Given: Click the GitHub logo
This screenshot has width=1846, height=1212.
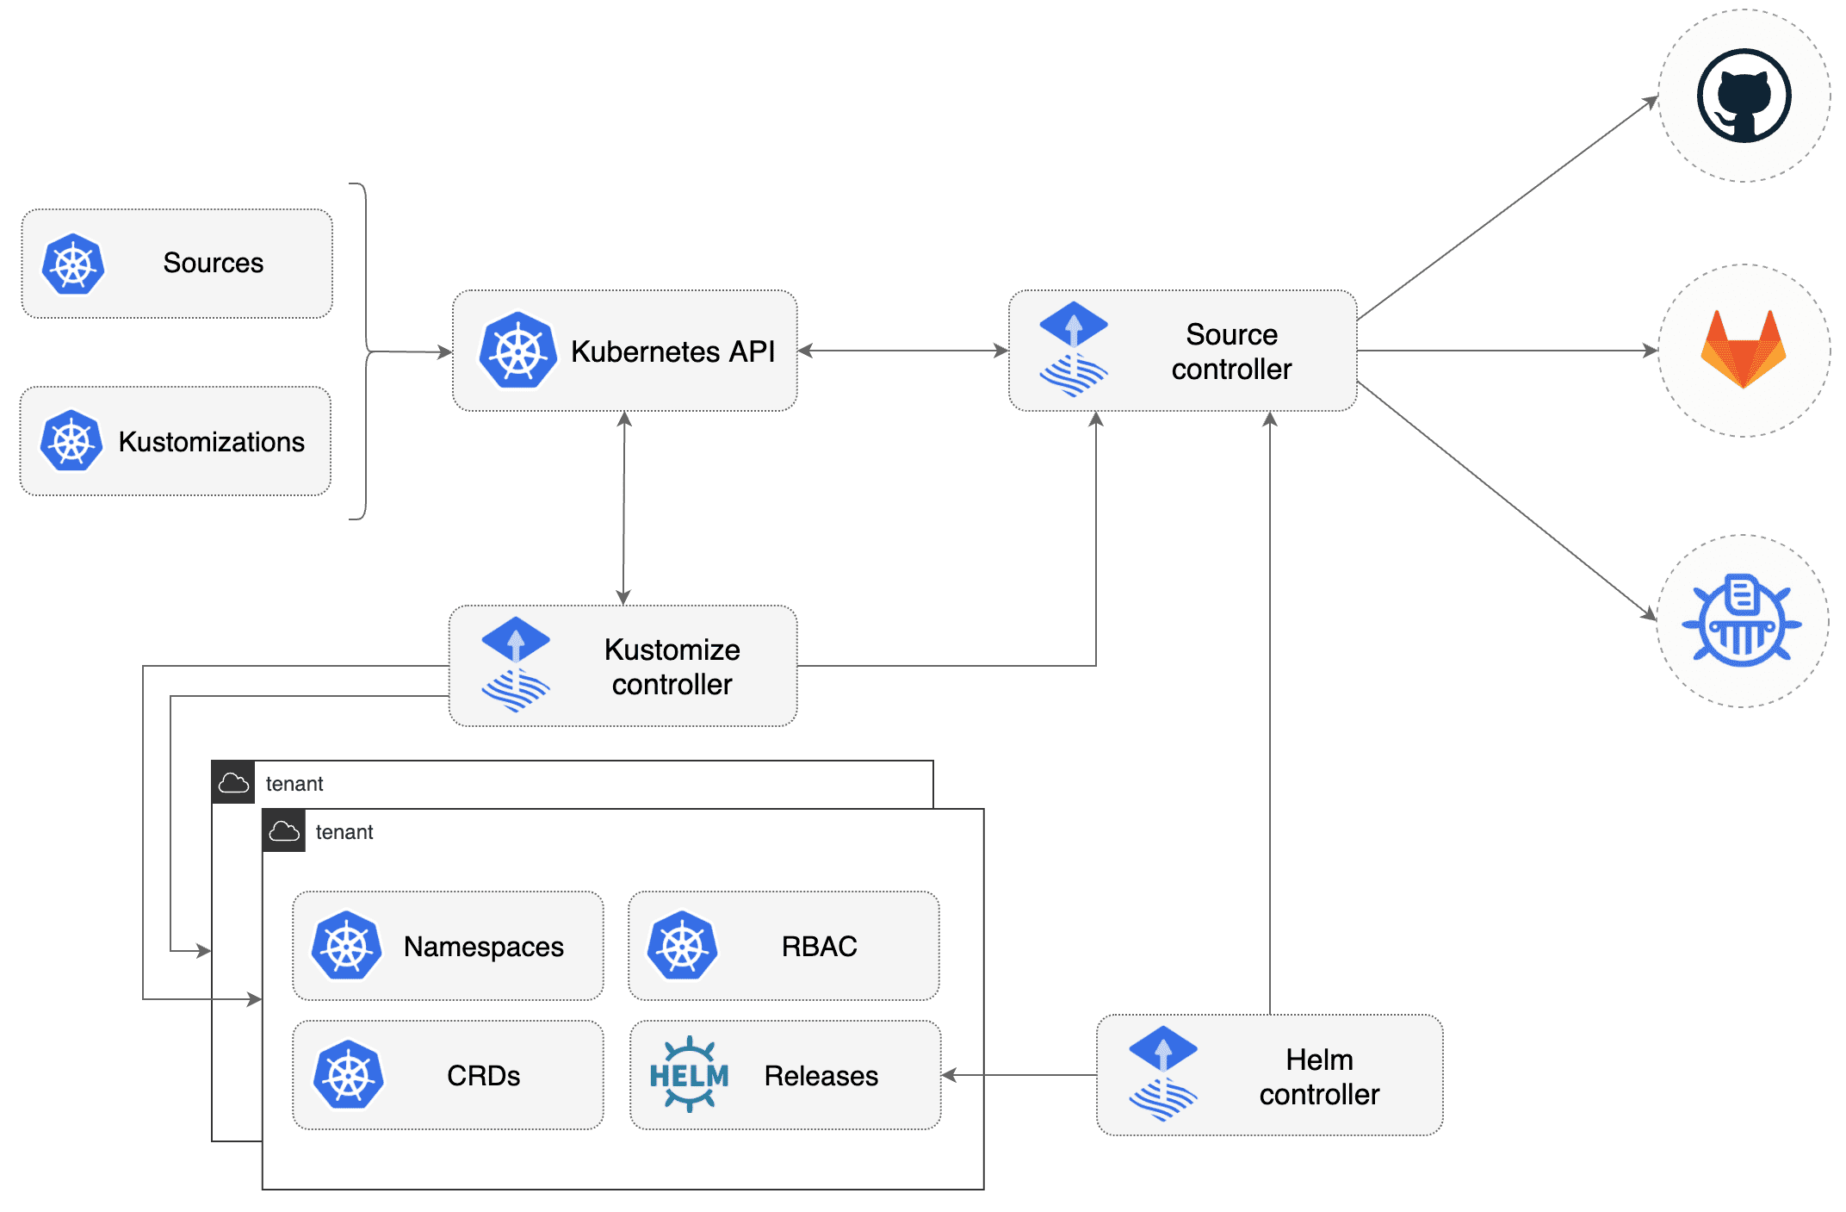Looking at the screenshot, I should [1744, 96].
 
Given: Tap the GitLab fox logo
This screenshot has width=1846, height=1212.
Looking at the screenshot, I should [1743, 349].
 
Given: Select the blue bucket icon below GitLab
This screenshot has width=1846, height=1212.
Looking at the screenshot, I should [1742, 620].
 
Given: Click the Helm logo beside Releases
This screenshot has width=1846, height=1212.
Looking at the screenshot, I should [689, 1074].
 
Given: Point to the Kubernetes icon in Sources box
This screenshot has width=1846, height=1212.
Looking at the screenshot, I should [73, 264].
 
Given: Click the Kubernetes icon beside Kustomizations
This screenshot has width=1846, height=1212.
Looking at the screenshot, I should [71, 441].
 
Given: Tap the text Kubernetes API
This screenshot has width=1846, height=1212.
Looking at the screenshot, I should [672, 351].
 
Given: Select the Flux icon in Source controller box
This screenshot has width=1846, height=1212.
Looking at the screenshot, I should [1073, 349].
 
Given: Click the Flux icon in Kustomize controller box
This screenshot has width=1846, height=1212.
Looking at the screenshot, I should [515, 664].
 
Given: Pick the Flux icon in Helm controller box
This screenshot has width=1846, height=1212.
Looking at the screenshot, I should [1162, 1073].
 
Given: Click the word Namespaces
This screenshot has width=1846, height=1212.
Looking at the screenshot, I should [483, 947].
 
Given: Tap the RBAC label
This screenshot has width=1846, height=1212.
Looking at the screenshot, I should [819, 947].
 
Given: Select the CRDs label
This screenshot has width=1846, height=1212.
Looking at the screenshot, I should [483, 1076].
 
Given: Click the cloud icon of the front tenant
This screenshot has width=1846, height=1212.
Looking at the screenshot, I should [284, 831].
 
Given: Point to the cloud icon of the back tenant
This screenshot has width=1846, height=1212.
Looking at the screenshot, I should [233, 783].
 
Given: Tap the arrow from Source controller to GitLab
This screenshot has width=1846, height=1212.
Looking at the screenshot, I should [1507, 351].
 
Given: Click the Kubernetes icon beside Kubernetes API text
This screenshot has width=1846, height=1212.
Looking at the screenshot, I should [517, 351].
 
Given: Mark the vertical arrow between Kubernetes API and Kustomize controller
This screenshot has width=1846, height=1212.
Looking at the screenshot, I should [624, 508].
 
